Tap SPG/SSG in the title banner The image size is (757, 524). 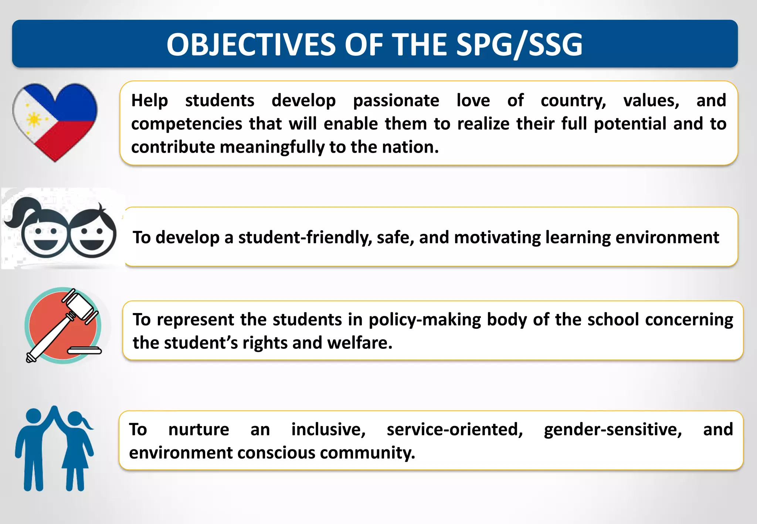pos(519,45)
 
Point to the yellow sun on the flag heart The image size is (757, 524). pos(34,119)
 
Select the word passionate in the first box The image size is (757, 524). pos(396,101)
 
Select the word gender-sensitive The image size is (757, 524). pos(612,430)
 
